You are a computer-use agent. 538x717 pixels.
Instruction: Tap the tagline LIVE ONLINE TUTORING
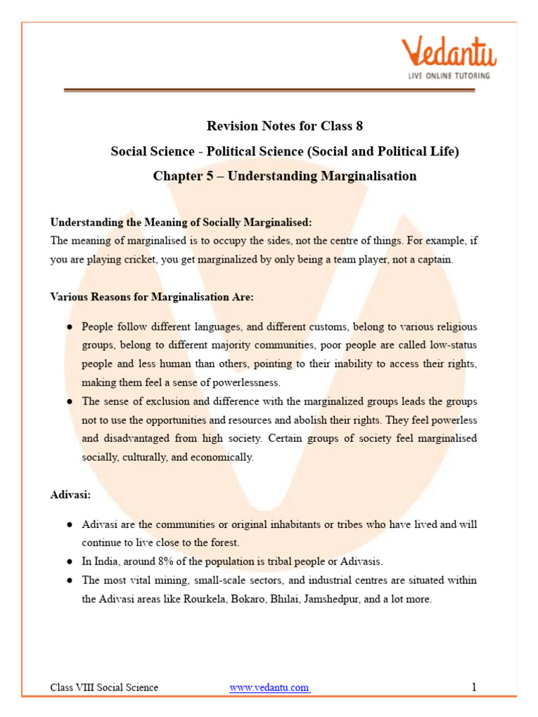tap(449, 75)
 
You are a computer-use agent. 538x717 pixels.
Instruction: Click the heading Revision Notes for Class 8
tap(284, 126)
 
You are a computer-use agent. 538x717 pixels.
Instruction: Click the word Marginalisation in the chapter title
tap(368, 176)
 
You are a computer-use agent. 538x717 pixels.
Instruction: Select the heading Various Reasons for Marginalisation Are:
tap(151, 296)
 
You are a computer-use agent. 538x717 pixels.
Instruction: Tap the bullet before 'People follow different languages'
tap(70, 327)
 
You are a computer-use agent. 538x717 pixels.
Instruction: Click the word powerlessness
tap(244, 382)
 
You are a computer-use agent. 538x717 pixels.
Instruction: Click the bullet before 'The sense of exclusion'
tap(70, 401)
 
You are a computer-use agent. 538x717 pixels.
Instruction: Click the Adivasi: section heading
tap(70, 494)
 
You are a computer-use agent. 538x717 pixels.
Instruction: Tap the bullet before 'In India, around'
tap(70, 562)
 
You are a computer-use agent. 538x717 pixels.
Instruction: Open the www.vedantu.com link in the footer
tap(269, 688)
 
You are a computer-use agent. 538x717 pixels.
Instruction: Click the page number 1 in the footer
tap(474, 687)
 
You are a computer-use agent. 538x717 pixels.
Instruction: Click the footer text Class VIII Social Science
tap(104, 688)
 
